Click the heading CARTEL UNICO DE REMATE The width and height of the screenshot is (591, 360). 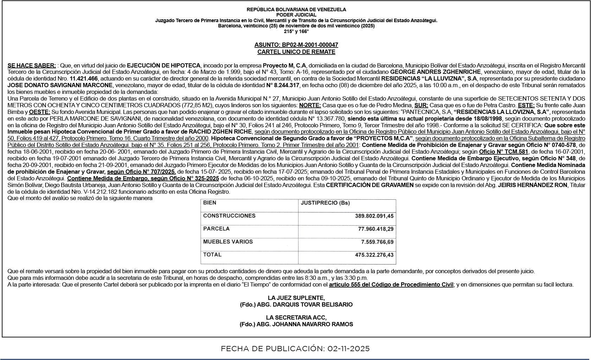296,52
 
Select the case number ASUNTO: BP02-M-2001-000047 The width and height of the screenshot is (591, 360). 296,45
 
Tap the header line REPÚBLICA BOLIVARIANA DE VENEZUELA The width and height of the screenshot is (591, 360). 296,9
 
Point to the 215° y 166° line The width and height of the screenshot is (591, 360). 296,31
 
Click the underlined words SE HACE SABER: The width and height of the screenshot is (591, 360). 32,65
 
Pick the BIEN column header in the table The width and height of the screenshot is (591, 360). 210,203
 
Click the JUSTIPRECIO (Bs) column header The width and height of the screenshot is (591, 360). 325,203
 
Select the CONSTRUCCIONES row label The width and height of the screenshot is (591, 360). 229,216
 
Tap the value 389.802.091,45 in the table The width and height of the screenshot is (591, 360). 374,216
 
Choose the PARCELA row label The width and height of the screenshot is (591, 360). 216,229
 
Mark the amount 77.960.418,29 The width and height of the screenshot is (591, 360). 375,229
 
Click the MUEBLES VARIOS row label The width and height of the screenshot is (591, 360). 228,242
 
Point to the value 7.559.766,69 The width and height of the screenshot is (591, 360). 377,242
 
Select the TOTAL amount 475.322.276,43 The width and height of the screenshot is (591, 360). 374,255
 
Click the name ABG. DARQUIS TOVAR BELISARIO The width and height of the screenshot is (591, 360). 304,304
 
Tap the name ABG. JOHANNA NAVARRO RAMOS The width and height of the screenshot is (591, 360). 305,324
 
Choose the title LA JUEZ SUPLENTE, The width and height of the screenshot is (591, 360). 296,298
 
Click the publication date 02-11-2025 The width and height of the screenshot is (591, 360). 348,349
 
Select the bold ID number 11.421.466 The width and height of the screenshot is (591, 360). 84,79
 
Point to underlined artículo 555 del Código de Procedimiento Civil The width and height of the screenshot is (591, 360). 391,285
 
